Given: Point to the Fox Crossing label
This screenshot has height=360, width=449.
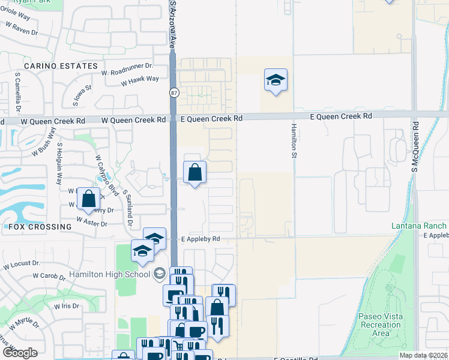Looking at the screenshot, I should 40,227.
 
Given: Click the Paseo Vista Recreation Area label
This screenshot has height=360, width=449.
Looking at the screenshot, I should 379,325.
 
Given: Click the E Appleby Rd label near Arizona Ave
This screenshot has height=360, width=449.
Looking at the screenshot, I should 200,239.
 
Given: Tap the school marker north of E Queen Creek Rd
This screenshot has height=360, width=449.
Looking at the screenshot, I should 276,80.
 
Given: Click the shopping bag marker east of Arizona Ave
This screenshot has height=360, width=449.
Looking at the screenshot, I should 194,173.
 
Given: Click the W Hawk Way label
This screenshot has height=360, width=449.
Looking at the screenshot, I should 139,80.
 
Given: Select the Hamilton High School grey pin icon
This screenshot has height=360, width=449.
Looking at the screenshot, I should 160,274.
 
